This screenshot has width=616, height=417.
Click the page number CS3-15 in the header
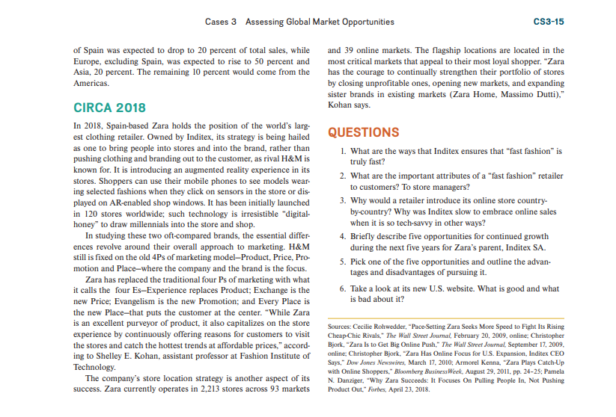tap(548, 22)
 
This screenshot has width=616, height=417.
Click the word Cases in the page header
tap(217, 22)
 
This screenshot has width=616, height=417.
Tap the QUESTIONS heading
tap(364, 132)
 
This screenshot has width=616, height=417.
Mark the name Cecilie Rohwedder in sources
tap(385, 327)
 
